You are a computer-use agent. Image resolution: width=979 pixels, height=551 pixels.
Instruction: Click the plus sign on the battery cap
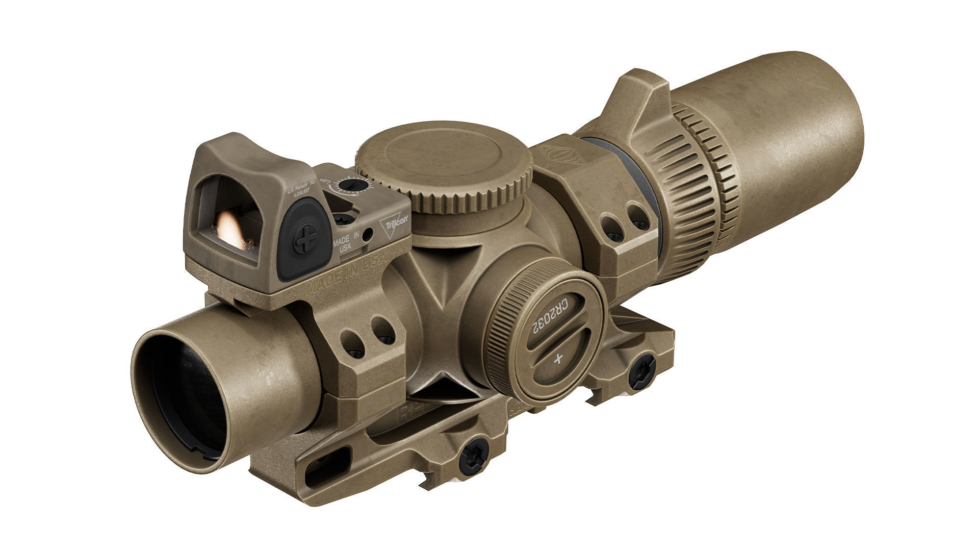pos(558,358)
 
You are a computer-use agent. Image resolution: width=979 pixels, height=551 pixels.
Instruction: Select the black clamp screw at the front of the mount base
pos(473,456)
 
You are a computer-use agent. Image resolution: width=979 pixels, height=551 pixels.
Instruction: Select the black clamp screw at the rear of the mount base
pos(641,371)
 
